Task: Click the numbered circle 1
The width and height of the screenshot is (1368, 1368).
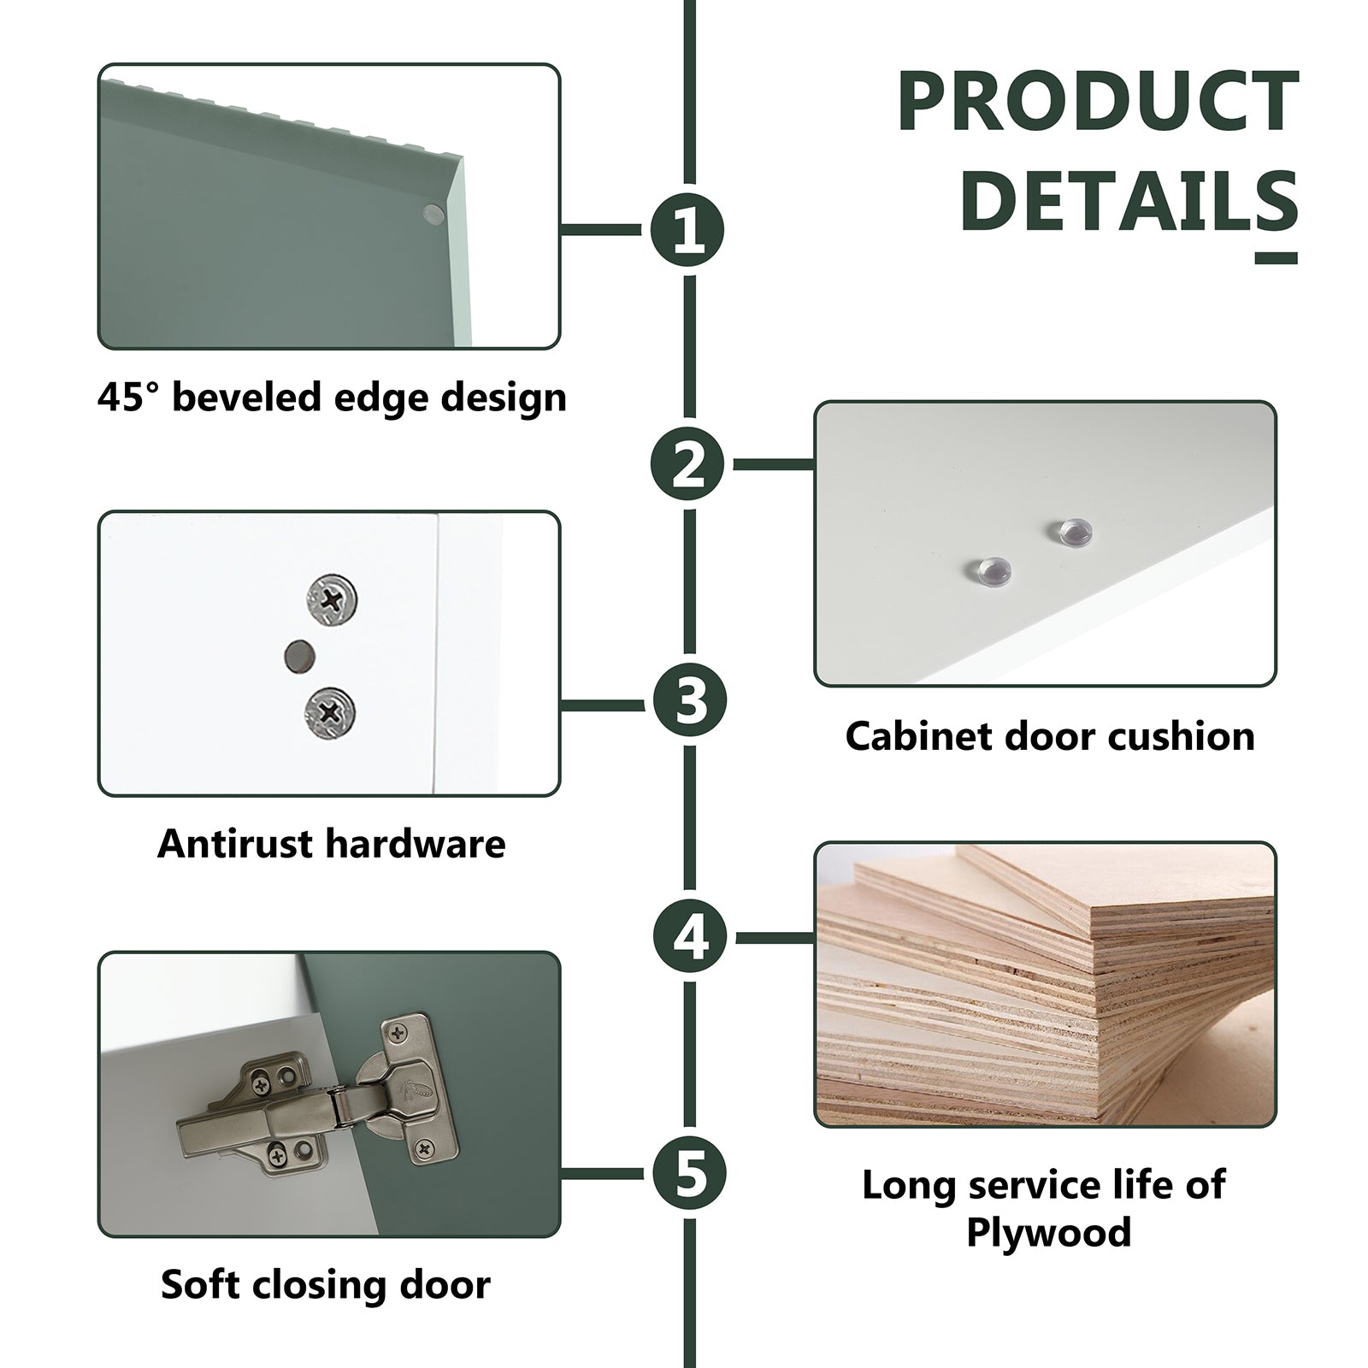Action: [687, 230]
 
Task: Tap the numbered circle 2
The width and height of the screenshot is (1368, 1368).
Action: [689, 465]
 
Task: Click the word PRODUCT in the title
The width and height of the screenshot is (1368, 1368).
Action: [1098, 103]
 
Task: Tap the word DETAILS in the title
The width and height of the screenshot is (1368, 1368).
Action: [1129, 201]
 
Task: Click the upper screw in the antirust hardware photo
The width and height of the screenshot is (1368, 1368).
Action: [331, 598]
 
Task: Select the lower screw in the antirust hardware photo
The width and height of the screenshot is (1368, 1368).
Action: [330, 711]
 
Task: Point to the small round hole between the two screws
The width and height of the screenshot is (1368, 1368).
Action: [298, 657]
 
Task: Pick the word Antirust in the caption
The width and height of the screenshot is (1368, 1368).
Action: [236, 844]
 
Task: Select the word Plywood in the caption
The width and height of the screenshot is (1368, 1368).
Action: [1048, 1232]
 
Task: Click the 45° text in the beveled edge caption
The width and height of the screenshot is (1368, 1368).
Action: [128, 397]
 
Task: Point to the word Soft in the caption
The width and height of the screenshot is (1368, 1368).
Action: [198, 1284]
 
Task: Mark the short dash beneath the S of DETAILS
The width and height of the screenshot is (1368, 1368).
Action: [1277, 257]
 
